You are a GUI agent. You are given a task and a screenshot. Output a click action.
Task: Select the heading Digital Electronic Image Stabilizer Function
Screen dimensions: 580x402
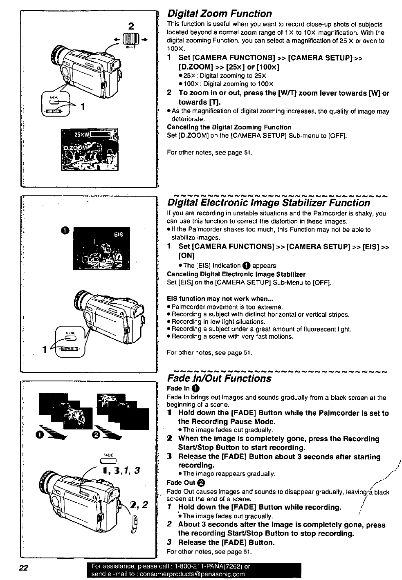click(269, 203)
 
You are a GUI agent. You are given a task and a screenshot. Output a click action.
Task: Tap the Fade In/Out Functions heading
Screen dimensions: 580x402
click(219, 378)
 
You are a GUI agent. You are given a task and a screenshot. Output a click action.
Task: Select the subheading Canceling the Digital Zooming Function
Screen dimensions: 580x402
click(229, 128)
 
